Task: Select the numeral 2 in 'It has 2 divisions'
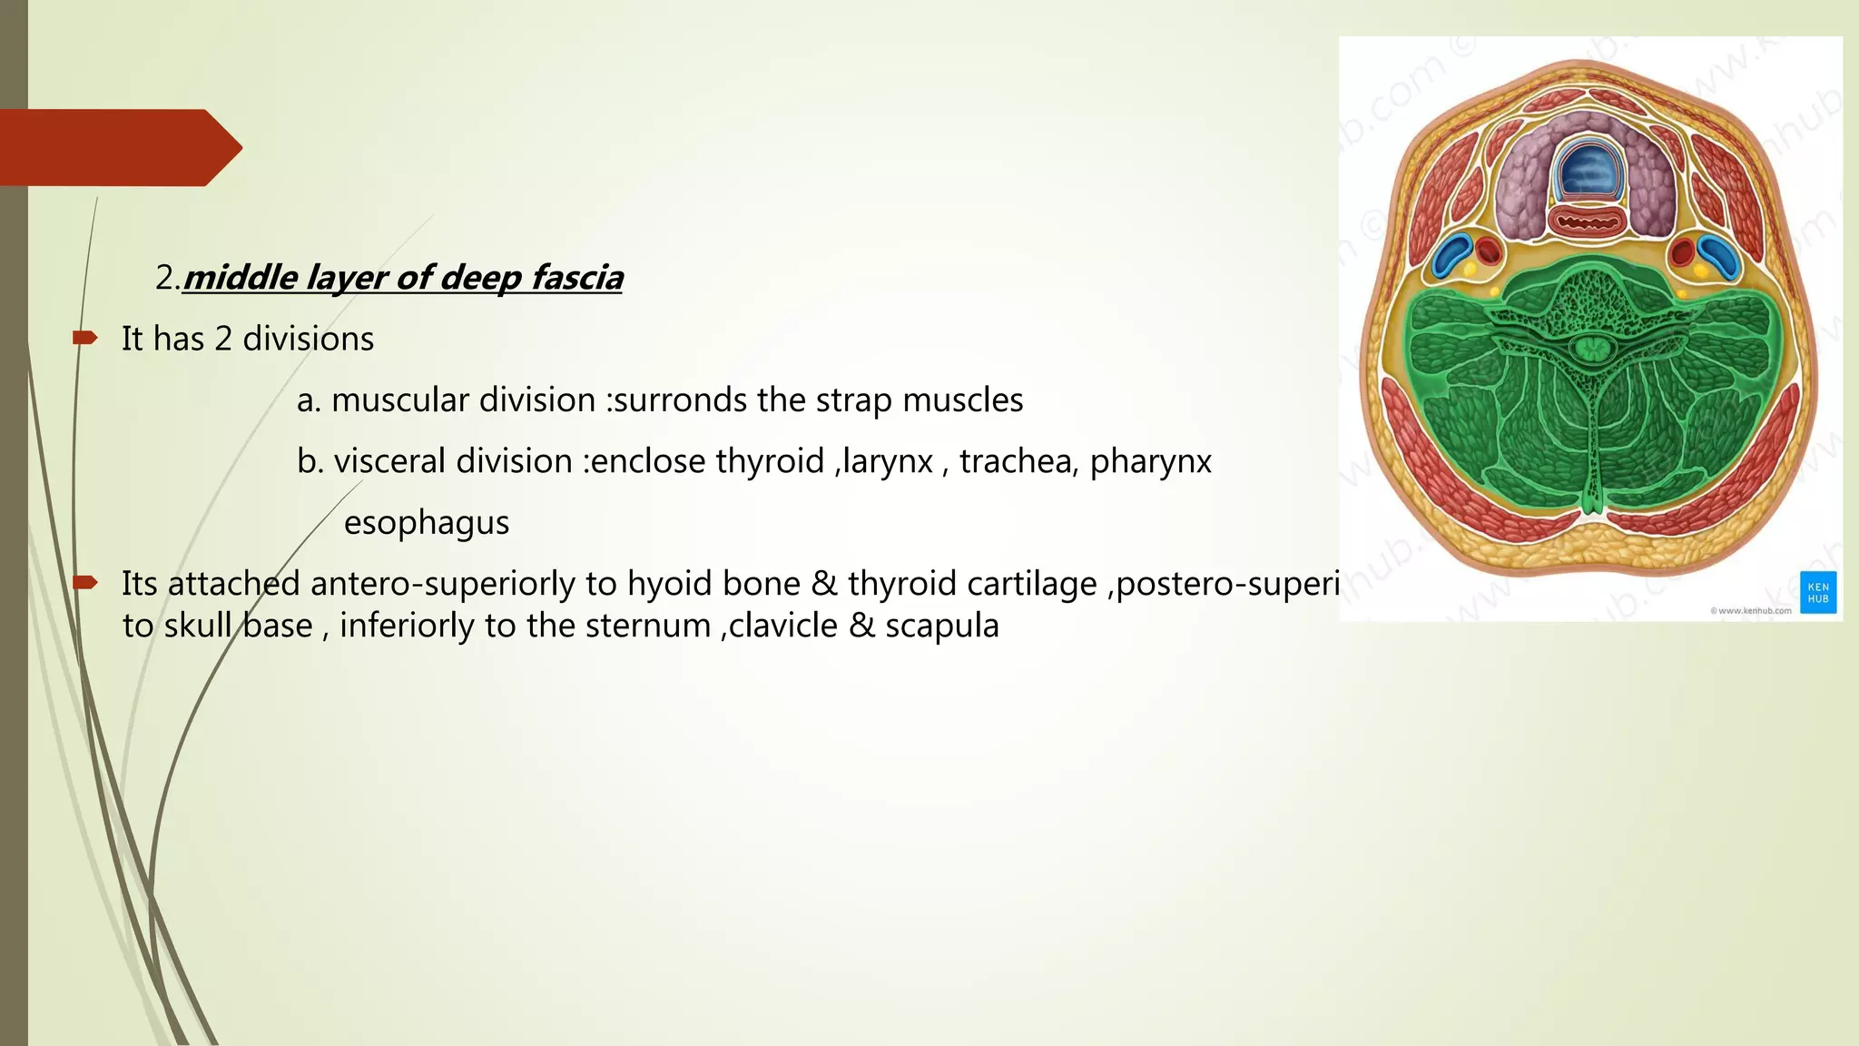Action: [x=223, y=340]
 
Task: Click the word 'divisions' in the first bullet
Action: [x=308, y=340]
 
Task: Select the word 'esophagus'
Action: [x=427, y=523]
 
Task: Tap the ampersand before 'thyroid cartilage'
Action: [x=823, y=584]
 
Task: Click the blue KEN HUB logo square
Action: [x=1818, y=592]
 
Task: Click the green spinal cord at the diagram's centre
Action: [x=1589, y=347]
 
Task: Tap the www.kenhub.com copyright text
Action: [x=1751, y=611]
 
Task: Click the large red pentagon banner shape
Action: [x=118, y=147]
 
